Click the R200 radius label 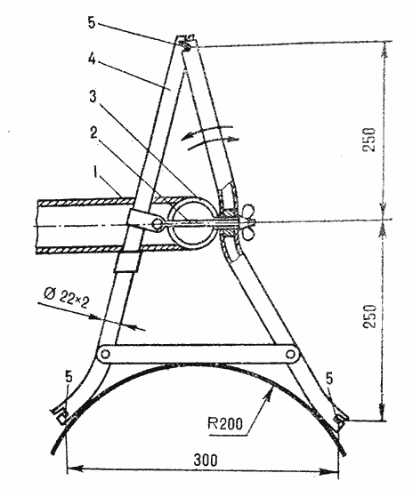point(225,423)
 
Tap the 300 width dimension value point(206,461)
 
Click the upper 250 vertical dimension point(369,140)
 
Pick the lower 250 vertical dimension point(369,317)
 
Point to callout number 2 point(93,132)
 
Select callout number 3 point(93,97)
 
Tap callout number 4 point(92,59)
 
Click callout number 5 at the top point(91,23)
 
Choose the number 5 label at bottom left point(69,377)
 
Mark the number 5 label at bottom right point(329,378)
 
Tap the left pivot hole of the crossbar point(105,354)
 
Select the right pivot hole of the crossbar point(291,354)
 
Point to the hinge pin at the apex point(186,47)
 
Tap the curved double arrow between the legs point(209,136)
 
